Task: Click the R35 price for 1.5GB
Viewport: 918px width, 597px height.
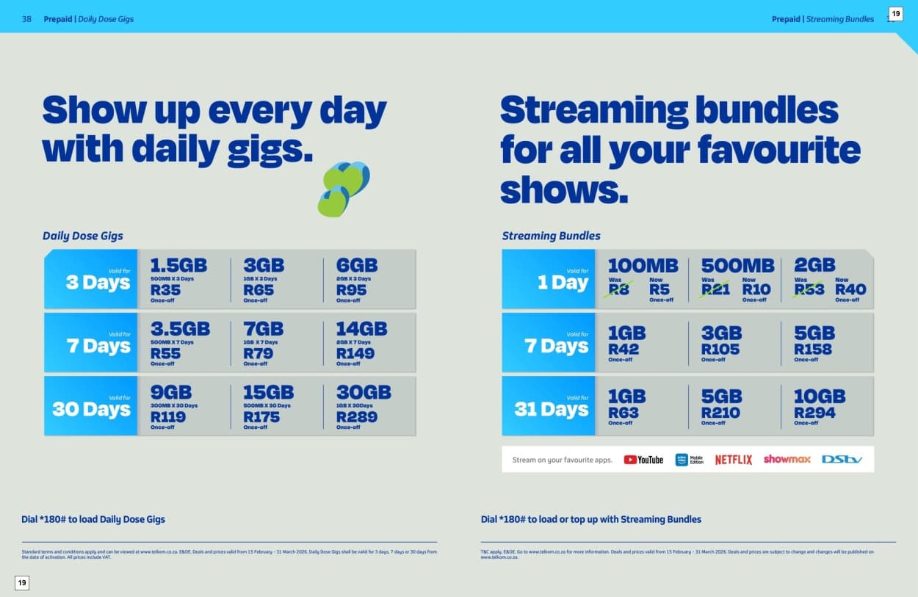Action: [x=165, y=290]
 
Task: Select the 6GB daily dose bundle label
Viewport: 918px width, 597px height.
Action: [x=357, y=265]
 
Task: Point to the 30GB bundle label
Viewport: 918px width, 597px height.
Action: [x=364, y=392]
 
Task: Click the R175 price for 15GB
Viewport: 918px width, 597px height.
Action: [x=261, y=417]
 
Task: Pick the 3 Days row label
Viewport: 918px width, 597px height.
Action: [x=98, y=282]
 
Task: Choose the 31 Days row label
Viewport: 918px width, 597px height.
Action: [x=552, y=409]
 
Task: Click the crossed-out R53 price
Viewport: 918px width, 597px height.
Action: [x=809, y=290]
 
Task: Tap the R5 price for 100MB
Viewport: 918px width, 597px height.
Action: [x=659, y=290]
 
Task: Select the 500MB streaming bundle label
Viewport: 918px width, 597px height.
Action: [x=737, y=265]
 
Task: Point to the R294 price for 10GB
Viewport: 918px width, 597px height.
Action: [x=814, y=413]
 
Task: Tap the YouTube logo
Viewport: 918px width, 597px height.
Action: [x=643, y=460]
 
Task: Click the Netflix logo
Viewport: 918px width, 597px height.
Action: [x=733, y=460]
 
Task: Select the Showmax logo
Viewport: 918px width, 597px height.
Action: [x=787, y=459]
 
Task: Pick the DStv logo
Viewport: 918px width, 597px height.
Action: [x=842, y=460]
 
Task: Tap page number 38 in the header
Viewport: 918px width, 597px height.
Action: [x=26, y=19]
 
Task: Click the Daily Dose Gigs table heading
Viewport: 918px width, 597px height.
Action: [x=83, y=236]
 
